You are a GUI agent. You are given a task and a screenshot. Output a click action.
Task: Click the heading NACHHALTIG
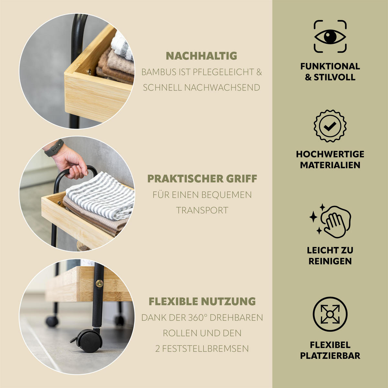pos(201,56)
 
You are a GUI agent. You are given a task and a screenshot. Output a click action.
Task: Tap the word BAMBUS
pos(159,72)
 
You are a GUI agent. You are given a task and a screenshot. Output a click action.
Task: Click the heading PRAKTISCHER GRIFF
pos(202,178)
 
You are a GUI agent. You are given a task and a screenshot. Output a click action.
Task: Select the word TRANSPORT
pos(202,210)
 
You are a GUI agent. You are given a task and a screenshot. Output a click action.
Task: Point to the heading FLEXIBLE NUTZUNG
pos(202,301)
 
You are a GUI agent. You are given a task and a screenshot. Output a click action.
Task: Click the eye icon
pos(330,37)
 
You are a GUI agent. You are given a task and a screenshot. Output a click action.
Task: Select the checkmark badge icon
pos(330,126)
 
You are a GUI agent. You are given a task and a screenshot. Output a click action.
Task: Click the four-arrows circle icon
pos(330,314)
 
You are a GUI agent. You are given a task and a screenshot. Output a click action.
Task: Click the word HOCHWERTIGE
pos(330,154)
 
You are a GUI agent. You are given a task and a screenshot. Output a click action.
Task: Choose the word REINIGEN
pos(330,261)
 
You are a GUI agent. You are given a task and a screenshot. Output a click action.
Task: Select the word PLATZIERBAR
pos(330,356)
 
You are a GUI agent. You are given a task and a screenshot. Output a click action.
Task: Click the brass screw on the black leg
pos(99,284)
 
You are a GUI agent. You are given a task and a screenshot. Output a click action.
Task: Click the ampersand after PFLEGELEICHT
pos(259,72)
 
